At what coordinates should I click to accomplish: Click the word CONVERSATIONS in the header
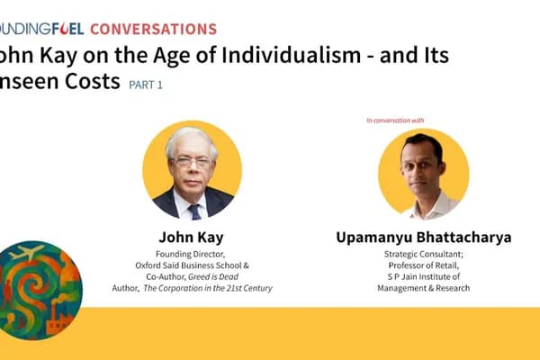tap(153, 29)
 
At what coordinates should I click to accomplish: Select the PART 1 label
tap(147, 85)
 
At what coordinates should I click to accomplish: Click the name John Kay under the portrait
tap(191, 238)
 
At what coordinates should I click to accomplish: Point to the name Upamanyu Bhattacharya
tap(423, 238)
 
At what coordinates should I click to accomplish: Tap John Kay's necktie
tap(194, 211)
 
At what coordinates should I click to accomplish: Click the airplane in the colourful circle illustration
tap(31, 254)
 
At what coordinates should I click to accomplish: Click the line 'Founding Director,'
tap(191, 255)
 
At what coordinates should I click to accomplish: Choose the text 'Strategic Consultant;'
tap(423, 255)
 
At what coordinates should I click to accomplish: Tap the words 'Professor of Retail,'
tap(423, 265)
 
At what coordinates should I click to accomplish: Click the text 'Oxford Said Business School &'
tap(191, 265)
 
